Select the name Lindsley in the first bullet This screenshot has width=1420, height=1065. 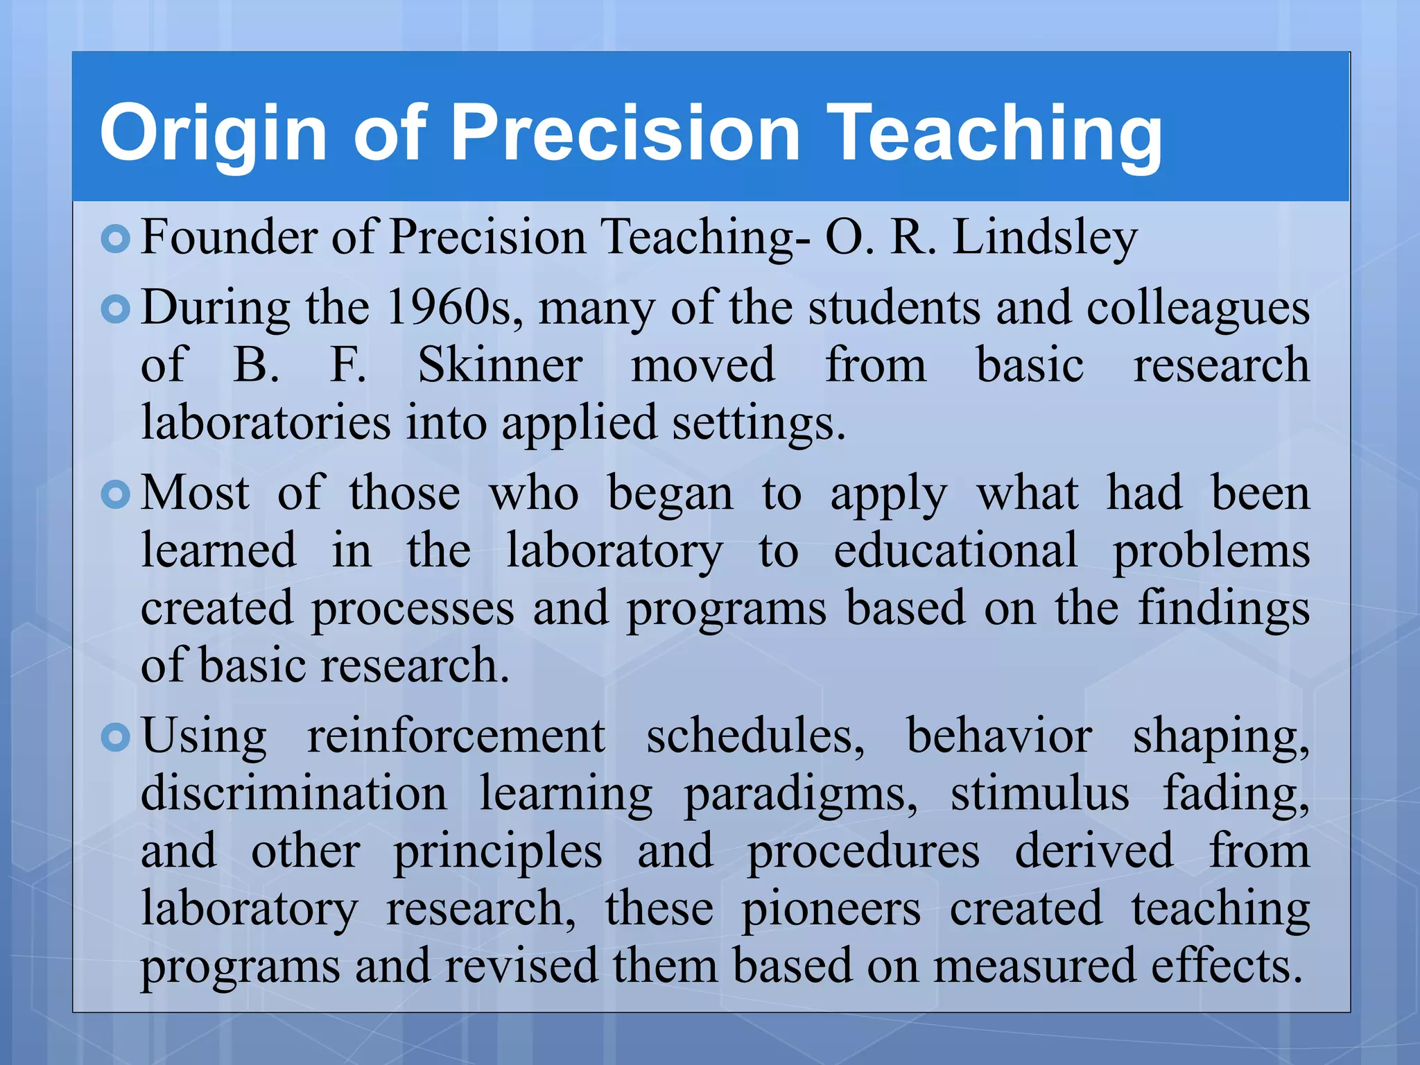1045,237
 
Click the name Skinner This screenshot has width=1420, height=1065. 500,365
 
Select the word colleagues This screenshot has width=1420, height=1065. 1197,309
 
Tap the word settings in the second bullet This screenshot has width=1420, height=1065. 758,423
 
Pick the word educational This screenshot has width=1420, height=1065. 955,551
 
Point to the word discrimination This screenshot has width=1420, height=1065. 294,793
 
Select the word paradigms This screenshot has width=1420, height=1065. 801,795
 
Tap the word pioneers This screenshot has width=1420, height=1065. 831,909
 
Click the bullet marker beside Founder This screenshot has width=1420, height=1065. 115,239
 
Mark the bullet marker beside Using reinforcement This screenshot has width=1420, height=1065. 115,738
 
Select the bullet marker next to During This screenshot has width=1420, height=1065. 115,309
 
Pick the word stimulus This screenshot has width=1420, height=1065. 1039,793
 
